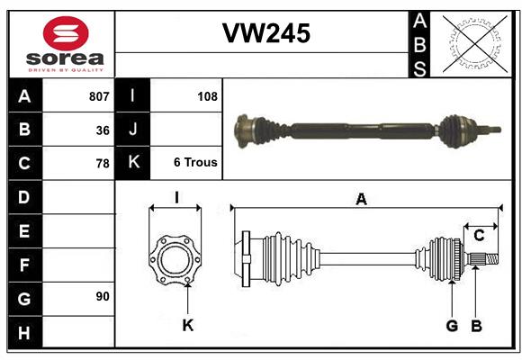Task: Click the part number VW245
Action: [265, 33]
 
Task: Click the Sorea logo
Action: [66, 44]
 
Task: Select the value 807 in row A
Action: [98, 95]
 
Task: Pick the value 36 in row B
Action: [103, 130]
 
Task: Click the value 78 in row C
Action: [103, 164]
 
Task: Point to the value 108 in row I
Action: [207, 95]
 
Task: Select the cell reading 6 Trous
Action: [195, 164]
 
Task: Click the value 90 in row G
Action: [103, 296]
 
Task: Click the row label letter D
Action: [23, 196]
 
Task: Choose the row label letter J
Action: [133, 130]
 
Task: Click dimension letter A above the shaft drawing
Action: [361, 200]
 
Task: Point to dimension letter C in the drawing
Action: [479, 236]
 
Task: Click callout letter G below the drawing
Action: [452, 325]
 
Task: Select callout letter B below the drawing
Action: [476, 325]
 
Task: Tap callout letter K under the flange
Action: [187, 325]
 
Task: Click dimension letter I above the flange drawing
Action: [176, 197]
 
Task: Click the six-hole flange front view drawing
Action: [175, 260]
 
